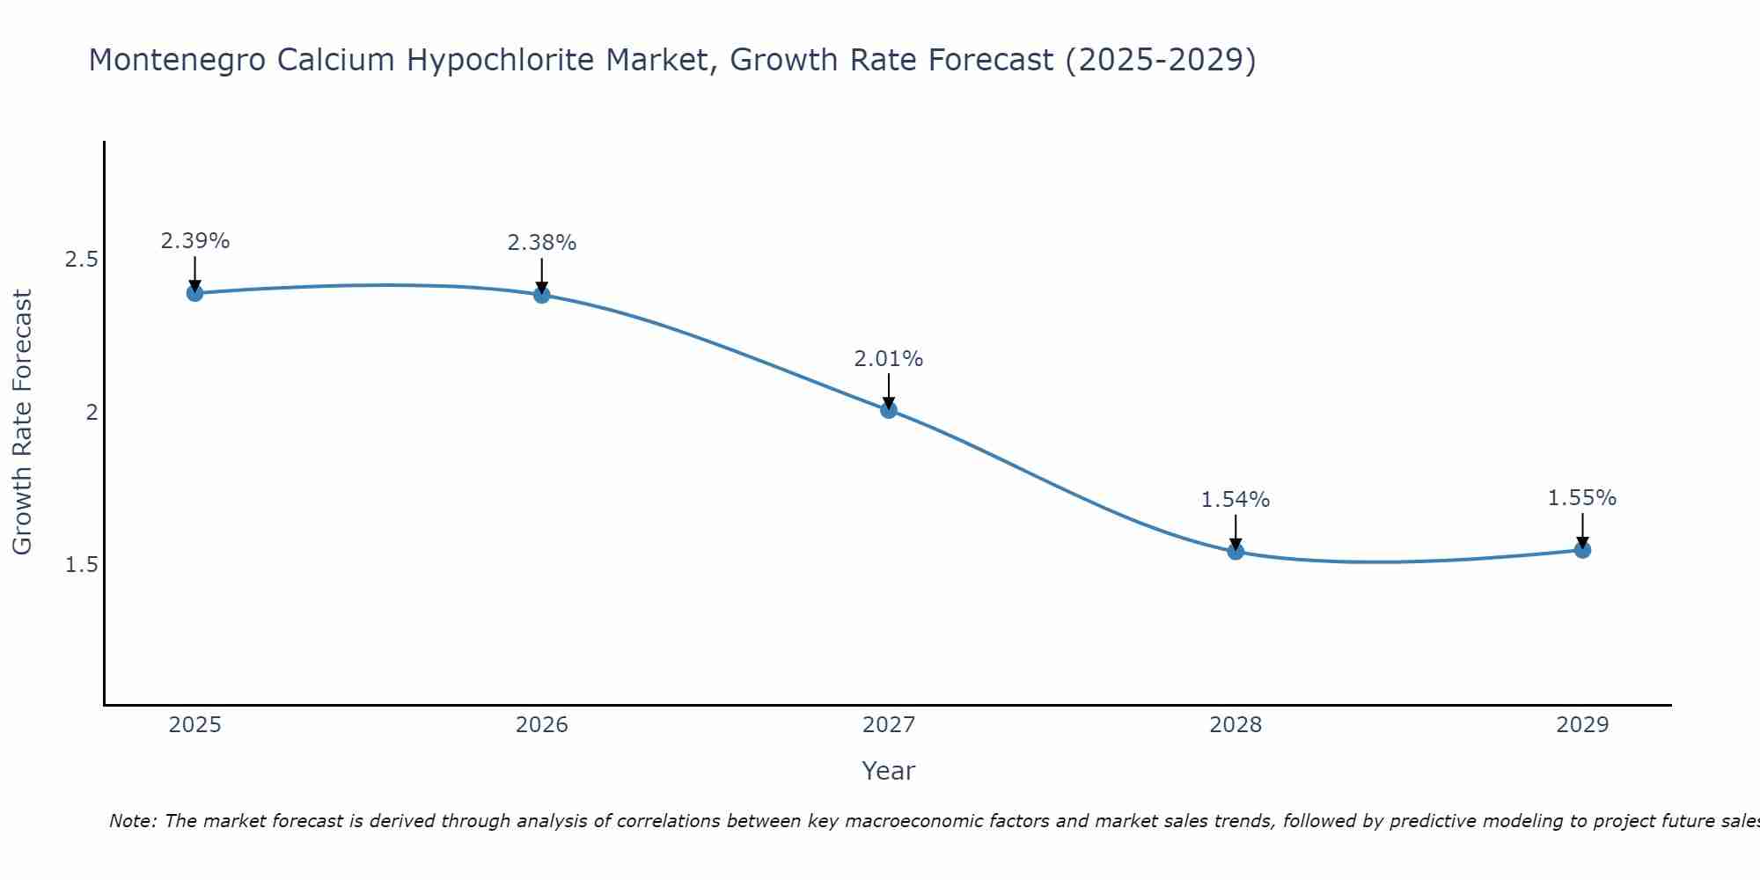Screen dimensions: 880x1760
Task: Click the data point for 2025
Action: tap(194, 293)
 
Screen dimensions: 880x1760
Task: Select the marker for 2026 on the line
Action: tap(542, 295)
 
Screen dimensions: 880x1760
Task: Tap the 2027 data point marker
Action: tap(889, 410)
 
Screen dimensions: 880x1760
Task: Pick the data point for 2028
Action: tap(1236, 552)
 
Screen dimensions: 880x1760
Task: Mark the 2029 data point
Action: tap(1582, 550)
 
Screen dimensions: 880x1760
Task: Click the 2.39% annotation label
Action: tap(194, 241)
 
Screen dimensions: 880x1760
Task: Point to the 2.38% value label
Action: tap(542, 243)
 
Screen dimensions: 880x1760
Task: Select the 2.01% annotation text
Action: tap(889, 359)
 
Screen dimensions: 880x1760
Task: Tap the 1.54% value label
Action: tap(1236, 500)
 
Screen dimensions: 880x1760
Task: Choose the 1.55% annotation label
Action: tap(1582, 498)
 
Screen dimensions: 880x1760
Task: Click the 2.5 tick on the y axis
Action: tap(81, 260)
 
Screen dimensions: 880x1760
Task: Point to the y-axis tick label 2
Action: tap(92, 412)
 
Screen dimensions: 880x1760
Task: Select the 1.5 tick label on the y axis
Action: tap(81, 564)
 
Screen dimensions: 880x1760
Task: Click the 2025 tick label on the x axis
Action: tap(194, 725)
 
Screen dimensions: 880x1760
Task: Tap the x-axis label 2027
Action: tap(889, 725)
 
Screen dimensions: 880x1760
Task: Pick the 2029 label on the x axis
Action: tap(1582, 725)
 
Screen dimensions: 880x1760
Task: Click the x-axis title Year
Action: tap(889, 771)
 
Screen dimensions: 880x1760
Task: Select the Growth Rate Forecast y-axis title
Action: tap(23, 422)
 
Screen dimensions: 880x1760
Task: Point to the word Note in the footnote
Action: tap(131, 821)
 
